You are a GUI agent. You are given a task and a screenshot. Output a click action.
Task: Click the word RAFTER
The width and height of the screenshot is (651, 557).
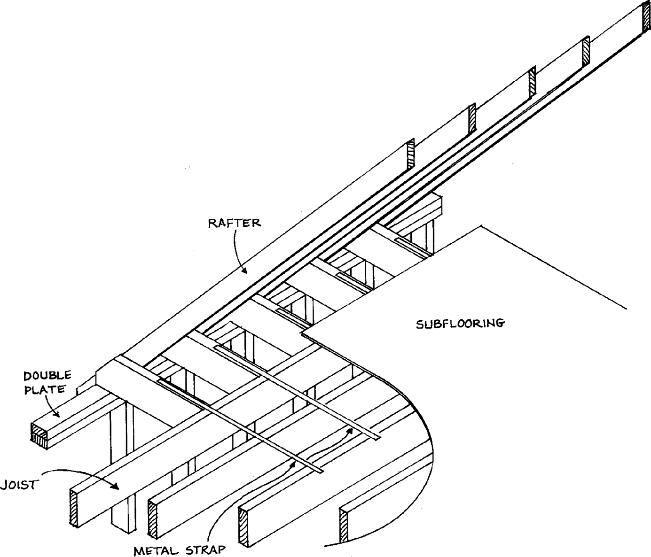234,223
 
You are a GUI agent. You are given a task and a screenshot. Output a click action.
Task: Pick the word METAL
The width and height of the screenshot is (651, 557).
154,550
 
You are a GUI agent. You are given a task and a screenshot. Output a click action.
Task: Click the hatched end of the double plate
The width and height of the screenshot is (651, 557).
38,433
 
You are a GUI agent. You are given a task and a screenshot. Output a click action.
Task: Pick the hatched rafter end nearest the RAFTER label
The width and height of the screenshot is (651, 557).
410,154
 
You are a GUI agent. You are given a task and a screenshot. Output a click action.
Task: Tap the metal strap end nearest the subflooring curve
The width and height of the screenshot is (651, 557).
376,438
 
